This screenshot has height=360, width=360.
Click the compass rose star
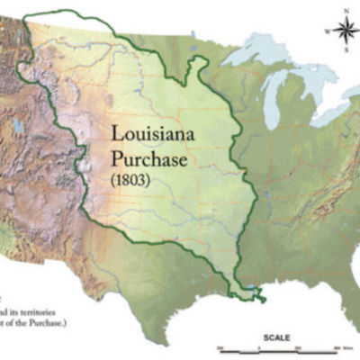tap(343, 32)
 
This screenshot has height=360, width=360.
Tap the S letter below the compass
tap(343, 52)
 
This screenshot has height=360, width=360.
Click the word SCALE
tap(275, 339)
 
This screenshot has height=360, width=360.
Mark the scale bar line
tap(288, 347)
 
